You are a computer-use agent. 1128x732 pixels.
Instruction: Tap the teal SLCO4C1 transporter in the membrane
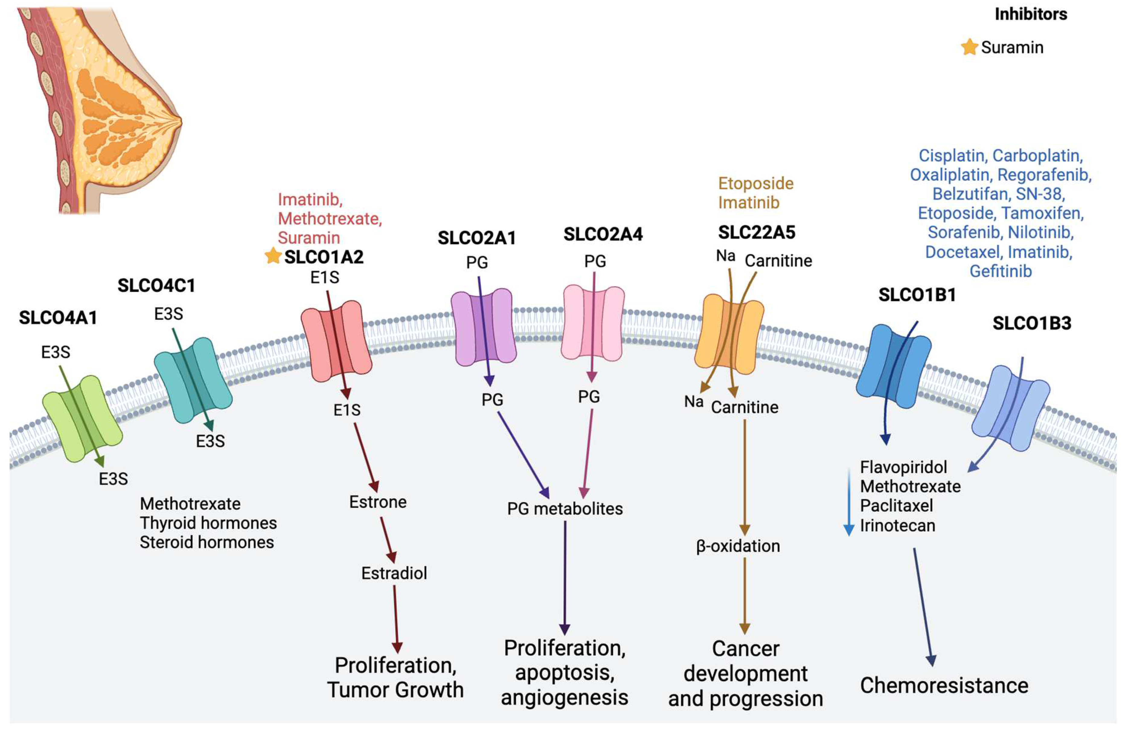pos(193,380)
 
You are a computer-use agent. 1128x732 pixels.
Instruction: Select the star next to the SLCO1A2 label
pos(273,256)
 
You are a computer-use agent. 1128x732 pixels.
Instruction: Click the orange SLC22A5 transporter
pos(729,333)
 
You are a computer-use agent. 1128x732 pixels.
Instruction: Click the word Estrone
pos(378,502)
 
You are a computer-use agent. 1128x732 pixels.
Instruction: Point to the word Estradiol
pos(394,573)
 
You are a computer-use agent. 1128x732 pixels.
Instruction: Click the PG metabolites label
pos(565,509)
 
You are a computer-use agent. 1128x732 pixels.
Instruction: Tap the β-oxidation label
pos(738,546)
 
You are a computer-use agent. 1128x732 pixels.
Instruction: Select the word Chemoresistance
pos(944,685)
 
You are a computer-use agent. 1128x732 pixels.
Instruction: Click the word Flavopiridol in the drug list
pos(903,467)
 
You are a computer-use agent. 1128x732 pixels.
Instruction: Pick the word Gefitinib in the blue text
pos(1000,271)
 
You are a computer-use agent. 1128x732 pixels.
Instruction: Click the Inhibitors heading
pos(1030,14)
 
